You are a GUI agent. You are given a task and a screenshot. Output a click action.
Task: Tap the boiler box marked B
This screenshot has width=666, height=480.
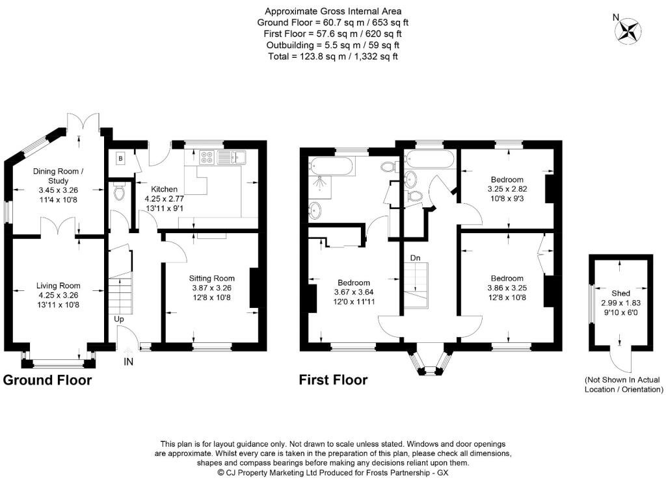tap(120, 159)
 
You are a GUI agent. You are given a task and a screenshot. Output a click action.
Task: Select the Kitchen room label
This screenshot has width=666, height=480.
tap(165, 189)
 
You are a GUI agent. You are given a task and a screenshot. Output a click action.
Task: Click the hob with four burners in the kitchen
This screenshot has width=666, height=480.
tap(207, 157)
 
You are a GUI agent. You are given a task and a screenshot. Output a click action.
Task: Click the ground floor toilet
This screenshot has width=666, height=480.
tap(120, 193)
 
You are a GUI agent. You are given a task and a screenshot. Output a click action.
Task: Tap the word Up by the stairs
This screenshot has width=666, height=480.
tap(119, 319)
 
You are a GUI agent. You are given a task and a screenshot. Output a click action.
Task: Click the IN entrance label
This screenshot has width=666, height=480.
tap(128, 362)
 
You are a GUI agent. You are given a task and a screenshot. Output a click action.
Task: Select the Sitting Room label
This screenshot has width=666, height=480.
tap(211, 278)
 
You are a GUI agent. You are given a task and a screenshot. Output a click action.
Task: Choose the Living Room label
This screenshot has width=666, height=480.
tap(58, 286)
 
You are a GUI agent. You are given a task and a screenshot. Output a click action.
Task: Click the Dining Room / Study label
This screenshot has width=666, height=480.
tap(58, 176)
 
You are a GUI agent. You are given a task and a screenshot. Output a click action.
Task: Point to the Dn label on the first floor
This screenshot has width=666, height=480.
tap(415, 258)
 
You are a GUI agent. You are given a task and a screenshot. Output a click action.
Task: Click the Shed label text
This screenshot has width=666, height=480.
tap(620, 293)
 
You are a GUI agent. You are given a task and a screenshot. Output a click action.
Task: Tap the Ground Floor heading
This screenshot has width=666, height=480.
tap(47, 380)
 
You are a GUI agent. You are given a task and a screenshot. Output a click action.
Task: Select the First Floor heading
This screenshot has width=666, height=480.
tap(333, 380)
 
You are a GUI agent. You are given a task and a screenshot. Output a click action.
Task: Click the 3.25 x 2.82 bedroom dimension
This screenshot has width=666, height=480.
tap(507, 189)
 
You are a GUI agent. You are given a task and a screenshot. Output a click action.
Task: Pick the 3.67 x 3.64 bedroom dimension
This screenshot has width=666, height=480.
tap(354, 292)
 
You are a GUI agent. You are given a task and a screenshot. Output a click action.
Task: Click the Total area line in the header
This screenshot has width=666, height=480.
tap(333, 57)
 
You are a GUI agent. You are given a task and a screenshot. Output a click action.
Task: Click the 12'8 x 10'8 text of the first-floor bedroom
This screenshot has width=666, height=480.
tap(507, 297)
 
